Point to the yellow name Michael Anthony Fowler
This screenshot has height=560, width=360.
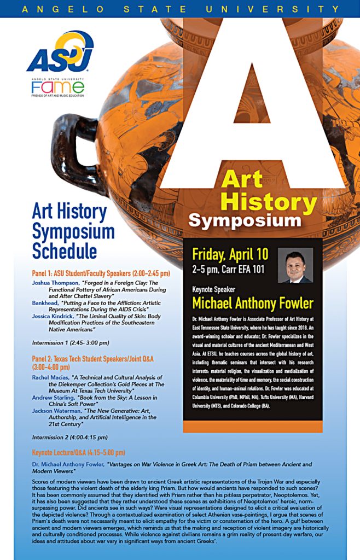pyautogui.click(x=253, y=303)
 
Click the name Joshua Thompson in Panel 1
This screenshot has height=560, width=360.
pyautogui.click(x=55, y=283)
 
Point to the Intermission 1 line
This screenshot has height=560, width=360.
pyautogui.click(x=71, y=343)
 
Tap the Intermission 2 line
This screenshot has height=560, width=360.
pyautogui.click(x=70, y=437)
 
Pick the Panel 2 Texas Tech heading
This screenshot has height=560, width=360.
pyautogui.click(x=92, y=359)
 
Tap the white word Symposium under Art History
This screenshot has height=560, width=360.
pyautogui.click(x=245, y=220)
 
